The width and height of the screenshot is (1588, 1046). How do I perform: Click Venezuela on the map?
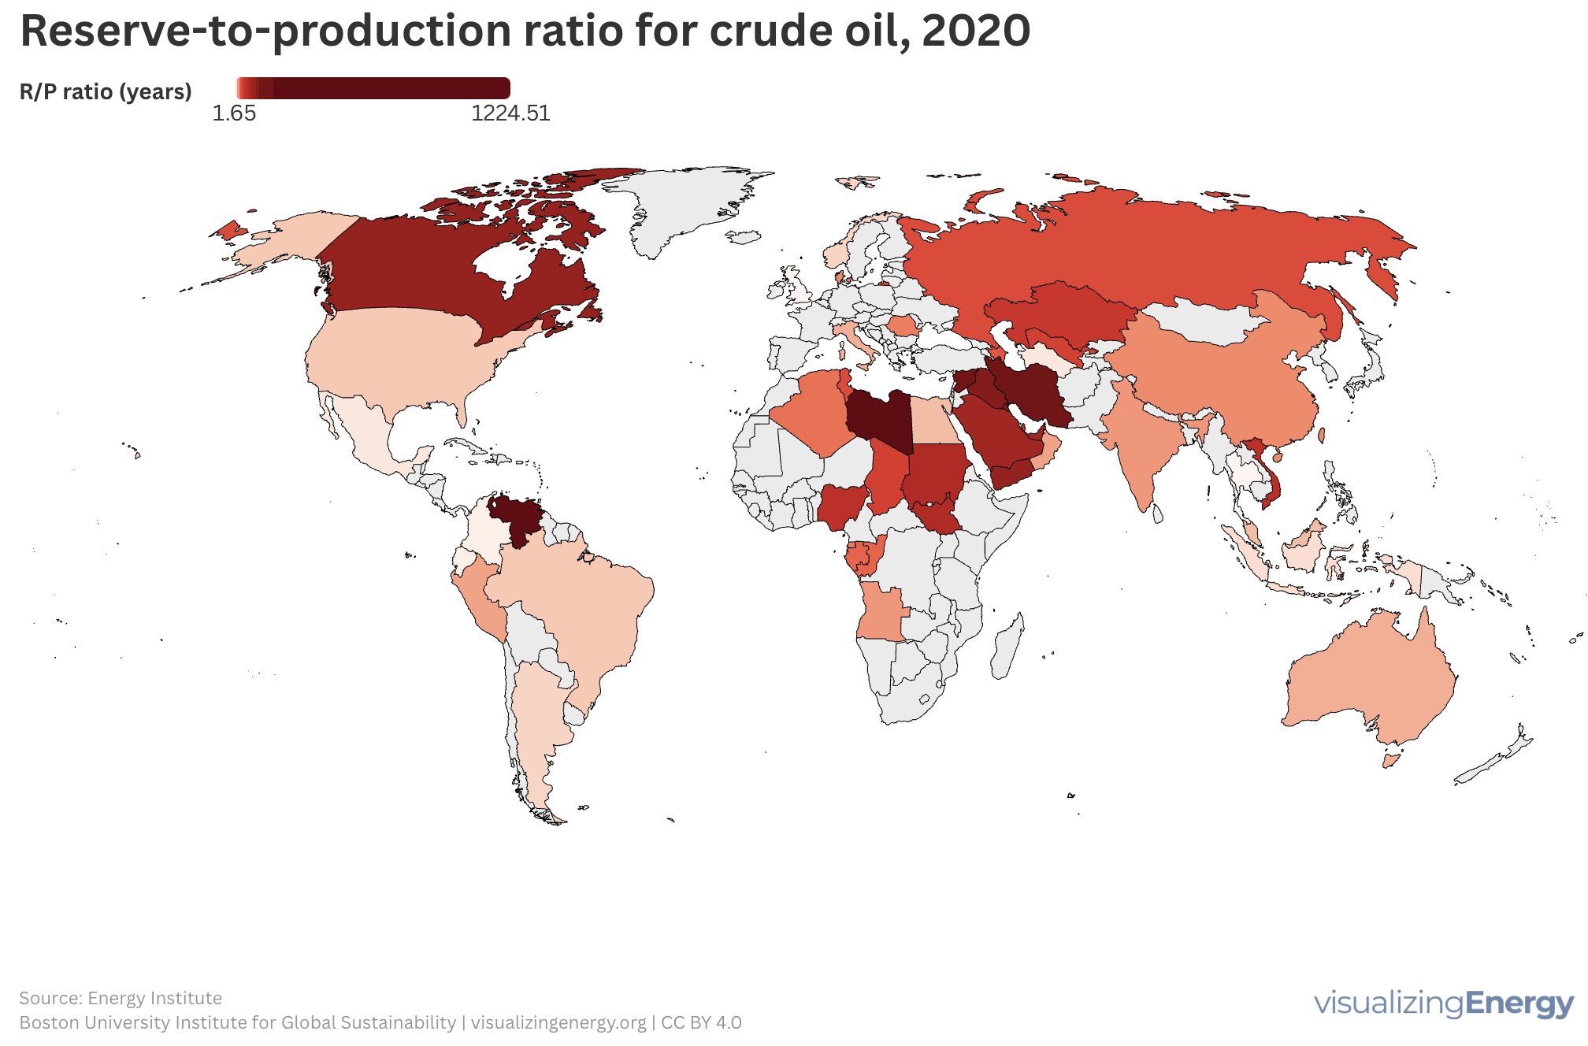tap(517, 517)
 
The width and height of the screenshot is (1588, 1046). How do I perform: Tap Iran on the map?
tap(1032, 390)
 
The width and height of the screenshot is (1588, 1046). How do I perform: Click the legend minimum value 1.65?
tap(234, 113)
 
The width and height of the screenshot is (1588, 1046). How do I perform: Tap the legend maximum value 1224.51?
tap(510, 113)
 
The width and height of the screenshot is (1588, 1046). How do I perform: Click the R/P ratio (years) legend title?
tap(106, 92)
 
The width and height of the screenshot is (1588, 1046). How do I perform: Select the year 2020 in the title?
tap(975, 32)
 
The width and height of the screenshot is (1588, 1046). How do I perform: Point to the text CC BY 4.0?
tap(701, 1022)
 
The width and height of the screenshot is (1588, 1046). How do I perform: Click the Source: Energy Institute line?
tap(121, 998)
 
